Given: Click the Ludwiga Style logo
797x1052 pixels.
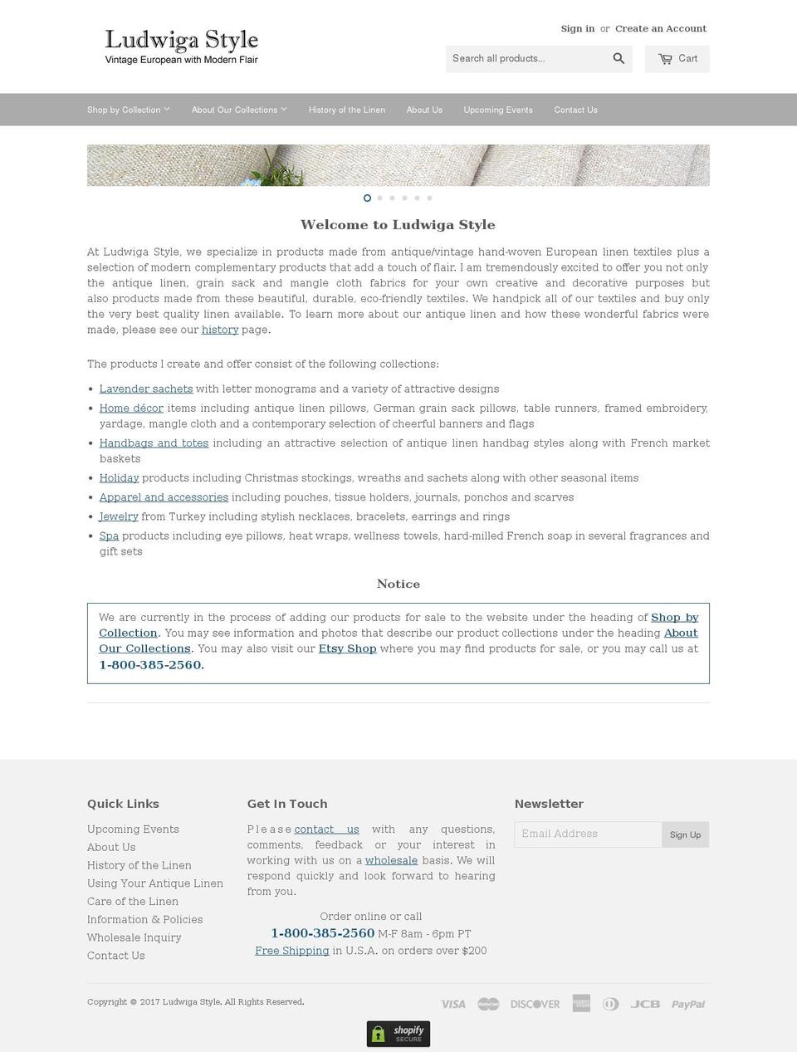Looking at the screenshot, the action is click(x=181, y=46).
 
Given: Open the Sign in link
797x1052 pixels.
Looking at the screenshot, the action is click(x=577, y=28).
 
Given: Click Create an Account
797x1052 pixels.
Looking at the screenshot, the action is click(x=661, y=28).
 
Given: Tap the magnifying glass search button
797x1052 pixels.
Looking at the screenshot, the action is click(x=619, y=58).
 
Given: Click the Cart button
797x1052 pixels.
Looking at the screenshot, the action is click(x=677, y=59).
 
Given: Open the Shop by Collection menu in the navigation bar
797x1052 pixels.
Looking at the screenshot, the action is click(x=128, y=110).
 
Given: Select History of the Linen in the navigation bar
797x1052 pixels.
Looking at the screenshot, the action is click(x=346, y=110).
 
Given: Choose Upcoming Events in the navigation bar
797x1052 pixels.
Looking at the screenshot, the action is click(x=498, y=110).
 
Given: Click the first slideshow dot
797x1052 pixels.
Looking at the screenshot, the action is click(x=367, y=198).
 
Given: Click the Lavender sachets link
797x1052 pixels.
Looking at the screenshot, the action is click(x=146, y=389).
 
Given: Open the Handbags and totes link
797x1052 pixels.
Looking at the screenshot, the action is click(x=154, y=443).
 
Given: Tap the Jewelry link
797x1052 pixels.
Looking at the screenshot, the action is click(x=119, y=516).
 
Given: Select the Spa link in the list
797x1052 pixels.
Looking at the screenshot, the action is click(x=109, y=536).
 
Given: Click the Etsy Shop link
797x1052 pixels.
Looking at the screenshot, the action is click(x=347, y=648).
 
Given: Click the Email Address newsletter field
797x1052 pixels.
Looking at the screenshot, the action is click(x=588, y=834).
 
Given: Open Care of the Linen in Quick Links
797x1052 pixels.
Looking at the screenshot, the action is click(x=133, y=901).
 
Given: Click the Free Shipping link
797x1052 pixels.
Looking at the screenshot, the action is click(x=291, y=951).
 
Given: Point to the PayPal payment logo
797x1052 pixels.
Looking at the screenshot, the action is click(x=688, y=1004).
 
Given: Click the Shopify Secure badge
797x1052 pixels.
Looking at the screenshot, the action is click(x=398, y=1034).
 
